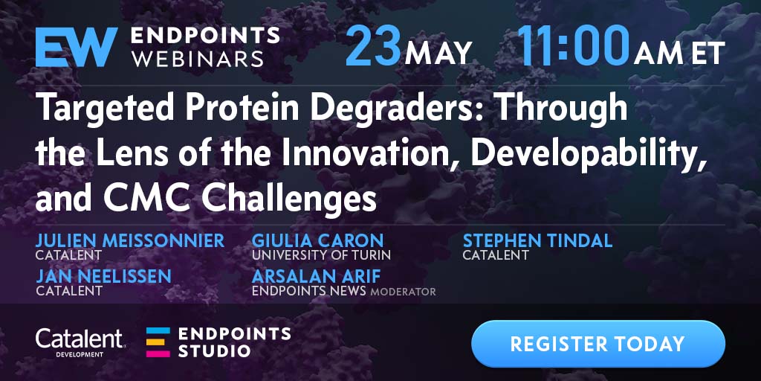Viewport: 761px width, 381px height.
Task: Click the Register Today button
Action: tap(598, 344)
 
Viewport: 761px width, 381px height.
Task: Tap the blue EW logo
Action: tap(77, 47)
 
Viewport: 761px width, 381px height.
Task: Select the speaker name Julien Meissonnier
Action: tap(130, 240)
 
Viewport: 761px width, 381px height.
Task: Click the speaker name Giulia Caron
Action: tap(317, 240)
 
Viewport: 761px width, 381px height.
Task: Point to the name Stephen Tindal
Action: tap(537, 240)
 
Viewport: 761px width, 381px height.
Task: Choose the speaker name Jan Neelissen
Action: tap(103, 277)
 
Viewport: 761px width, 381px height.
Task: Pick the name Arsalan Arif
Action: tap(316, 277)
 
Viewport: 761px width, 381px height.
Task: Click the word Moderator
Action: tap(403, 292)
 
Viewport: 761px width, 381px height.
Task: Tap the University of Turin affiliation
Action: tap(321, 254)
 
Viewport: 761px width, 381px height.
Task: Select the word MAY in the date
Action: tap(438, 53)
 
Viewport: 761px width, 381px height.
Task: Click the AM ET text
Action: tap(679, 53)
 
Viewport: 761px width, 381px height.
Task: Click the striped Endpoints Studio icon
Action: tap(158, 342)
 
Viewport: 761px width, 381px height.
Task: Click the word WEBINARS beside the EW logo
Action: tap(198, 60)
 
